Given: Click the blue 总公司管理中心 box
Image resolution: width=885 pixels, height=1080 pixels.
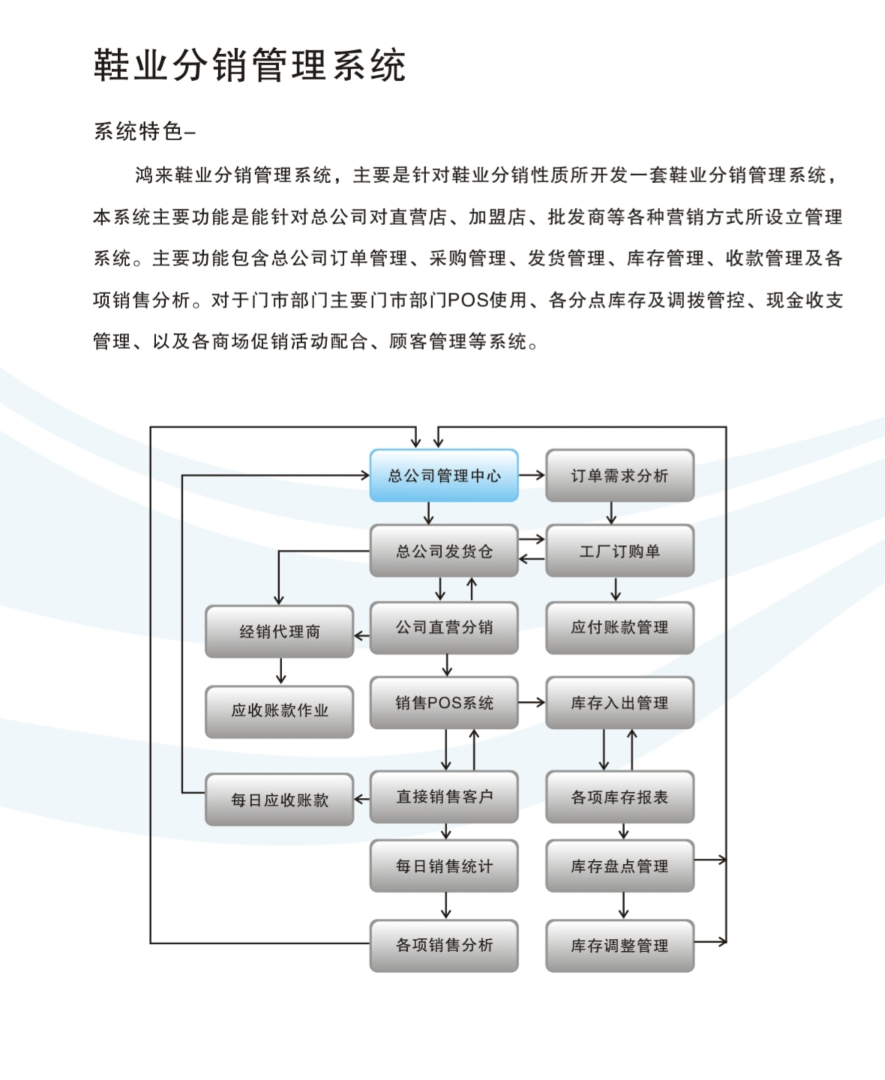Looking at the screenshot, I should point(444,475).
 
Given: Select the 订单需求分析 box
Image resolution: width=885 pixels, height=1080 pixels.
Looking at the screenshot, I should point(619,475).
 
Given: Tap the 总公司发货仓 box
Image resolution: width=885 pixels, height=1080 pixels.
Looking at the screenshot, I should point(444,551).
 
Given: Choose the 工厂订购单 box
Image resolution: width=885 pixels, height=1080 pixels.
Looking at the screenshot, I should point(619,551).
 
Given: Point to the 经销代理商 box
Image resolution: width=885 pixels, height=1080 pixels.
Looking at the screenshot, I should point(279,631).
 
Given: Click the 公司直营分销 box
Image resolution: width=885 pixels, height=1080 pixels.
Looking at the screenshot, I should point(444,627).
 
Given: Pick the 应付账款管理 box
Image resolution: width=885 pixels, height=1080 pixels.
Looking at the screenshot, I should point(619,627).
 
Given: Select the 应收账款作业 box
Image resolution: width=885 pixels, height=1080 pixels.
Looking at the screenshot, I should point(279,711).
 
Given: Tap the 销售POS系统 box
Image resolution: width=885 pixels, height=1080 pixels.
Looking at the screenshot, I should point(444,703).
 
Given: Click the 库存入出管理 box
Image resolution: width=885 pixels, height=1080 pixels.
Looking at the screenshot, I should point(619,703).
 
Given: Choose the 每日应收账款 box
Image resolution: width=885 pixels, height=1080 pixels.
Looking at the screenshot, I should point(279,799).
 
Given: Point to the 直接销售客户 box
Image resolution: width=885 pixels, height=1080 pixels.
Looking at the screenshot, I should point(444,796).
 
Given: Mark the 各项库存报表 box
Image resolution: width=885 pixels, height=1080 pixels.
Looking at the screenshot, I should point(619,796).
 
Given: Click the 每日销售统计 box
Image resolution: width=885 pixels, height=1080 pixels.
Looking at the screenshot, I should point(444,866).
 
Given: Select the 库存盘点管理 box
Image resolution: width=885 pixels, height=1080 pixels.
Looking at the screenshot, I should point(619,866).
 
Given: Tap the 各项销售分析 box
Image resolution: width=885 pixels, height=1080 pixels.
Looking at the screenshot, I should point(444,945).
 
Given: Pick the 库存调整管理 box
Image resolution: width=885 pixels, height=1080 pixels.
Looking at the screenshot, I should point(619,945).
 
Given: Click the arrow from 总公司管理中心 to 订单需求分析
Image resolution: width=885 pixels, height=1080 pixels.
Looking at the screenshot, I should point(532,475).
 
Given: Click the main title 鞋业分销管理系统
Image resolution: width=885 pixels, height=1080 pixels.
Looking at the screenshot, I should point(249,65).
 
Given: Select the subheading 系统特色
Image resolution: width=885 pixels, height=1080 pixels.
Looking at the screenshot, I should point(139,132).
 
